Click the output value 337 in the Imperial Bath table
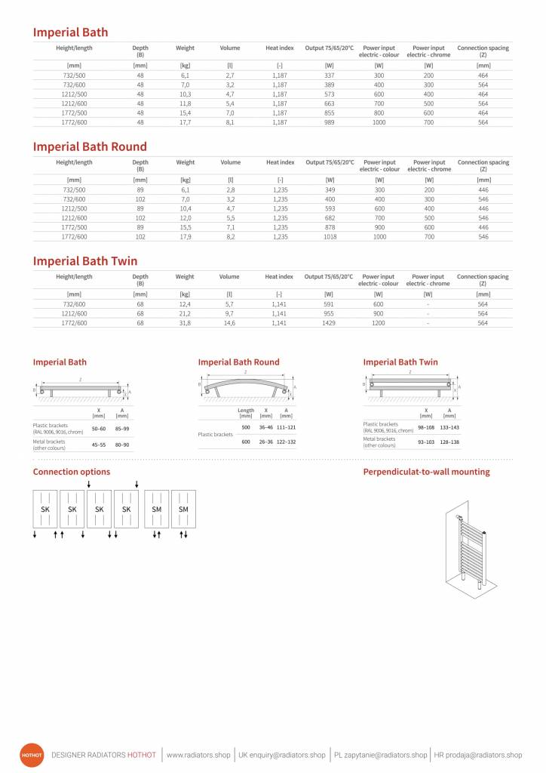[330, 75]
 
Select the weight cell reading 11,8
[185, 103]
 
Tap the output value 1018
[330, 236]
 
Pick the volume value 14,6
[229, 322]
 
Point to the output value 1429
[329, 322]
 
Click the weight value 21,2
[185, 313]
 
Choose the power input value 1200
[379, 322]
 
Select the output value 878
[330, 227]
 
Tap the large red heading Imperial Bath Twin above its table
[85, 261]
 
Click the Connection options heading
[72, 472]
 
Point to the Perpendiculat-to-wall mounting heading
[426, 472]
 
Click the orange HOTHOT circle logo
[32, 755]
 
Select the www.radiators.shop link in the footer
[198, 755]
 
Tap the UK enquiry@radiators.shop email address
[282, 755]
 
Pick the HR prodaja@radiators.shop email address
[478, 755]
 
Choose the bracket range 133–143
[449, 427]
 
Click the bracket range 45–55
[99, 445]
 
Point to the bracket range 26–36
[265, 442]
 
